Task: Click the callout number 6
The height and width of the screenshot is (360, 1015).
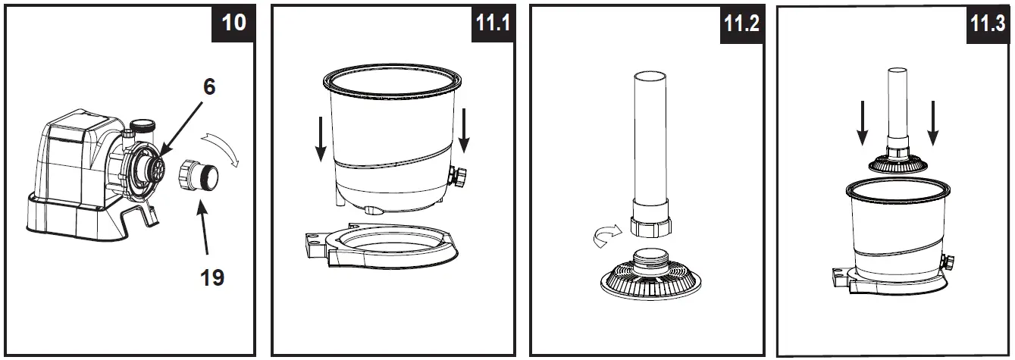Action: coord(208,86)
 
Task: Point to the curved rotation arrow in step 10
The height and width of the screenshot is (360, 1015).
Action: coord(224,147)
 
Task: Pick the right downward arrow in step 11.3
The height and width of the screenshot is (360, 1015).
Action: coord(933,121)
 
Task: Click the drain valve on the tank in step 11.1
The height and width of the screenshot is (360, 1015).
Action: coord(459,179)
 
